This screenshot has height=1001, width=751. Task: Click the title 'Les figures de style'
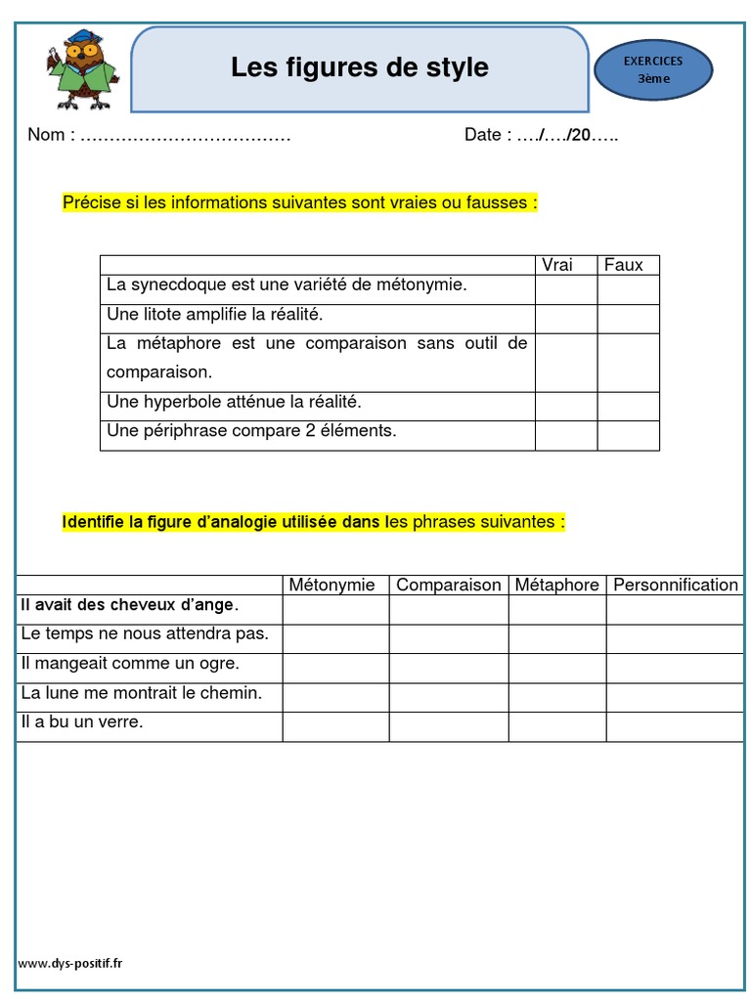click(360, 67)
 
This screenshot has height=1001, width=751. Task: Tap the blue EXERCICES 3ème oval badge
click(653, 70)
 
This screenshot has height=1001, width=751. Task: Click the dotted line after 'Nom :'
click(185, 136)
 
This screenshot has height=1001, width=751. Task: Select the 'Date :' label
click(487, 135)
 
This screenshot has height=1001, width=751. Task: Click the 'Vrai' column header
click(557, 265)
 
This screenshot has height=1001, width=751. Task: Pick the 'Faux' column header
click(624, 265)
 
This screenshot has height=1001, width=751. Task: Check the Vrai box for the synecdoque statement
click(566, 289)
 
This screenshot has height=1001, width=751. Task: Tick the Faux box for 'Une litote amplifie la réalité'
click(629, 319)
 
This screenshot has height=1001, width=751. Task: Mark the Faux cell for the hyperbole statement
click(629, 407)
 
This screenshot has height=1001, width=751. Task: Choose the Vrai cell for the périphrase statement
click(566, 436)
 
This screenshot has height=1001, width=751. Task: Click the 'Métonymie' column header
click(331, 585)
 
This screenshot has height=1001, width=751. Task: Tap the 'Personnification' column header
click(675, 585)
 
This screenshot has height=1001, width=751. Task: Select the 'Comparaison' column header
click(449, 585)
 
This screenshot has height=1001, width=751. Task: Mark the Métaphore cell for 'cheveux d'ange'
click(557, 610)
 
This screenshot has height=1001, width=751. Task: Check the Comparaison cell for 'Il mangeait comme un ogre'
click(449, 669)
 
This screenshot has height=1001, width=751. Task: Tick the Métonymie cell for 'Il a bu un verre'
click(336, 727)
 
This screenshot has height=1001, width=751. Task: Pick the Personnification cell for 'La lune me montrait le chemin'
click(675, 698)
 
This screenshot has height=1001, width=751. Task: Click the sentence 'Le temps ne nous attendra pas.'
click(145, 634)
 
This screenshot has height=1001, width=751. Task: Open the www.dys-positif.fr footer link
click(70, 963)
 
